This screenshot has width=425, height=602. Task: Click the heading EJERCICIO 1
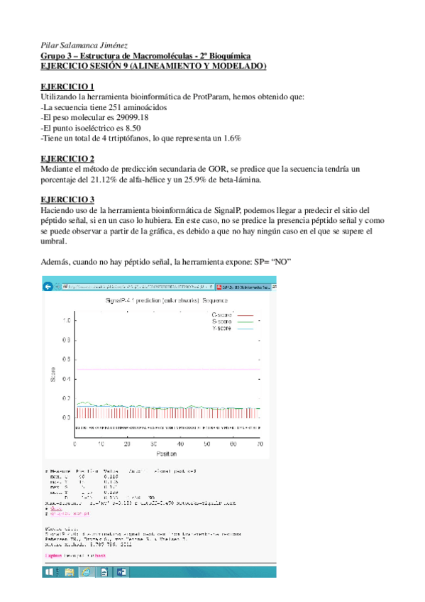67,87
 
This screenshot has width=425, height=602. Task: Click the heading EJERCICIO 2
67,158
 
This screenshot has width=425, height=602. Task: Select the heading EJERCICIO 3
67,200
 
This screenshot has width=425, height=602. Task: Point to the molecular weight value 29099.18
131,117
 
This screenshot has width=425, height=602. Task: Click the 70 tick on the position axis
260,444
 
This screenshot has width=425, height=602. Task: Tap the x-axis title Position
166,453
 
